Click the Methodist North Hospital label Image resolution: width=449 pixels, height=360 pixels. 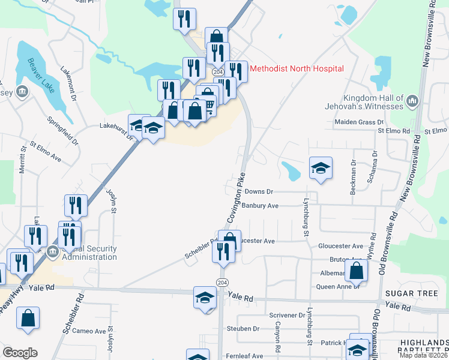[297, 68]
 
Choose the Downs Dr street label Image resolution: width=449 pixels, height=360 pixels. [259, 191]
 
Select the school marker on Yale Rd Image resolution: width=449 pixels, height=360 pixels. [205, 297]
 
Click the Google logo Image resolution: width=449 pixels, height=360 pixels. [20, 353]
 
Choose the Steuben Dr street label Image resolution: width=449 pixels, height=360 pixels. [243, 329]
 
